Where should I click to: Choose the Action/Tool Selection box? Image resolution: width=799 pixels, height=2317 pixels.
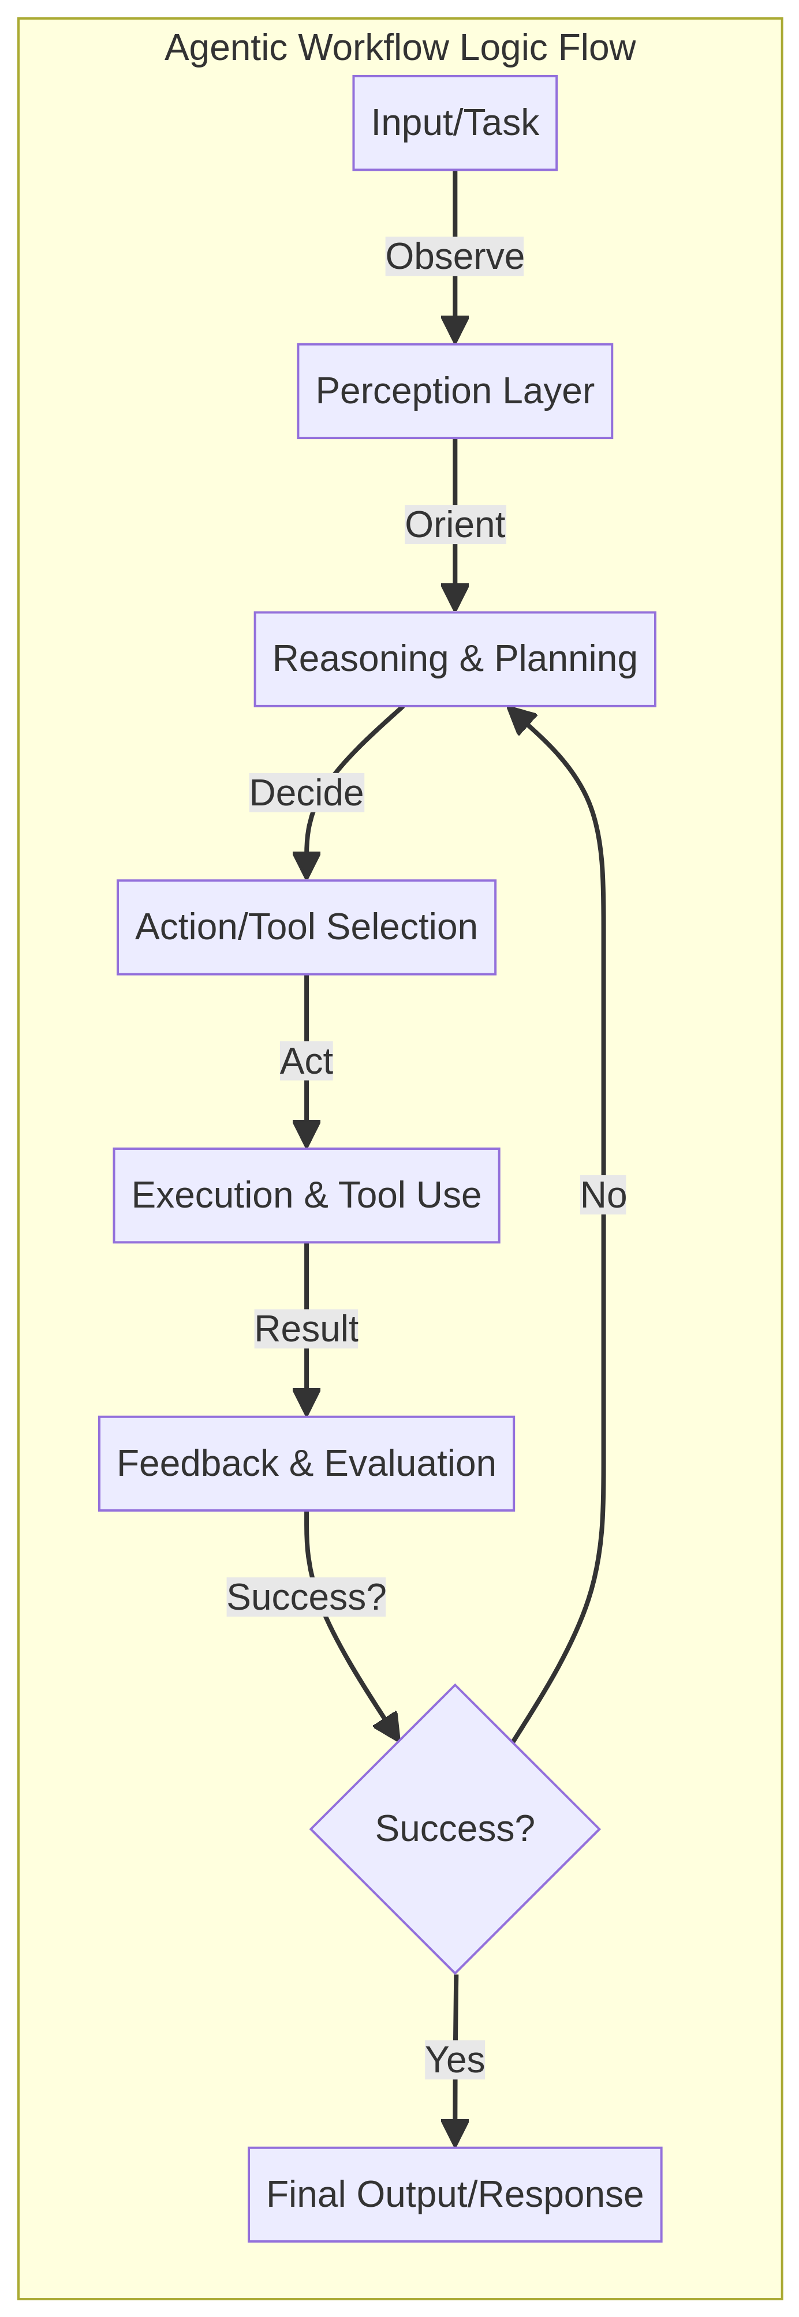coord(306,927)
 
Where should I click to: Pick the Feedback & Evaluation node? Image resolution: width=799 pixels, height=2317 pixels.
coord(306,1464)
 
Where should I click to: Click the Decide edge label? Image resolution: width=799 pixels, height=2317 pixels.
coord(306,792)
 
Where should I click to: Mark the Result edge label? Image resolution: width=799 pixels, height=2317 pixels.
coord(306,1329)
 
